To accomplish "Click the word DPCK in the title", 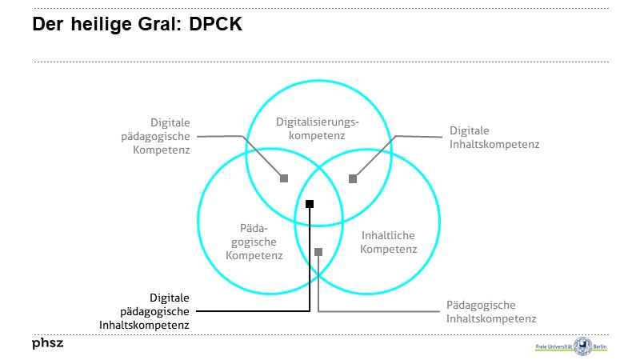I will [217, 24].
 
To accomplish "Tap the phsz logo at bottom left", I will [47, 344].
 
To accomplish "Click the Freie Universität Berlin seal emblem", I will [582, 346].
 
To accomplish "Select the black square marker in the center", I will [310, 204].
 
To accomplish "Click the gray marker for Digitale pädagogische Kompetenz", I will [283, 178].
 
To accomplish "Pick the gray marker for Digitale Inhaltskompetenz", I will [352, 178].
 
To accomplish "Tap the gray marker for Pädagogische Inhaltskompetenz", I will [318, 252].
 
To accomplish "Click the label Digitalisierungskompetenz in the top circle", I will [318, 129].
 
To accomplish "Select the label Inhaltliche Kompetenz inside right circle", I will [389, 242].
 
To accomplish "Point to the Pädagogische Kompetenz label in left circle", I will [254, 242].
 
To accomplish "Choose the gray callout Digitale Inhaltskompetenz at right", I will [494, 137].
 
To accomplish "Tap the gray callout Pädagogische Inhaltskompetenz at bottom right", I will [490, 311].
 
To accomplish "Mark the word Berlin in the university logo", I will [602, 347].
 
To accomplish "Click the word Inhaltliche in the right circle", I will [389, 236].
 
